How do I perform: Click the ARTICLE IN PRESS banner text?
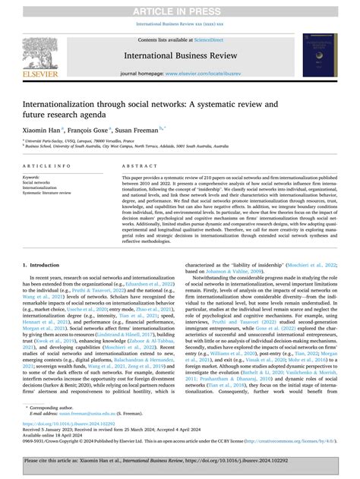pos(179,7)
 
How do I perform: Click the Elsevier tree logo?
pos(48,51)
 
